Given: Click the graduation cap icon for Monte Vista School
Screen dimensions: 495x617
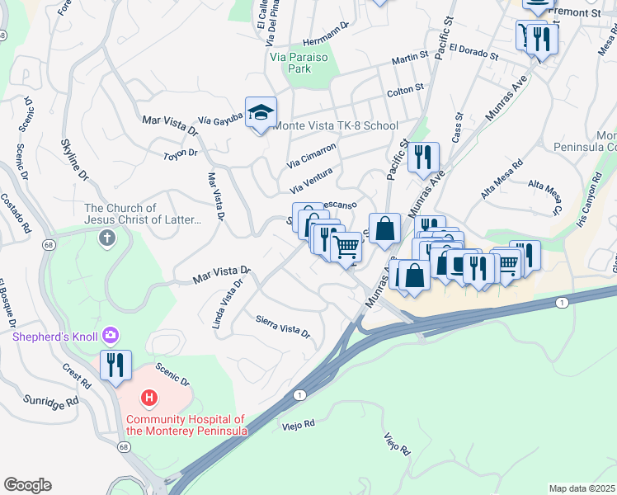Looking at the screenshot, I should click(261, 113).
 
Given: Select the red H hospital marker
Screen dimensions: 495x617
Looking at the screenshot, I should click(149, 398).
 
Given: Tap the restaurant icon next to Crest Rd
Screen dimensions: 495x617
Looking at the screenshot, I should click(115, 365).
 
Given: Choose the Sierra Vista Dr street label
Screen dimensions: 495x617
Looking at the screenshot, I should click(282, 327).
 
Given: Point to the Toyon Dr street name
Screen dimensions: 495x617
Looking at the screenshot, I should click(181, 153).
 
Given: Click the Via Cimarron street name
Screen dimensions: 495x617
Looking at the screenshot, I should click(311, 154).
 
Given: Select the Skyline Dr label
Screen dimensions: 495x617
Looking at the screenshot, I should click(74, 159).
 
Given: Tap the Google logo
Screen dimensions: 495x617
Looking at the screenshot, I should click(27, 485).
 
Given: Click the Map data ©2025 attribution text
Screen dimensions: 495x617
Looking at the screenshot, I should click(582, 488).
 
